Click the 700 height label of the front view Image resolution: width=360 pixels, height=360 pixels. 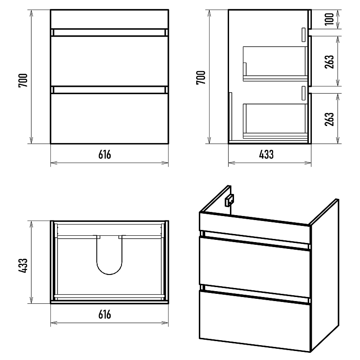(x=23, y=81)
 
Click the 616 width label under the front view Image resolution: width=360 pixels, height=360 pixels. (x=105, y=154)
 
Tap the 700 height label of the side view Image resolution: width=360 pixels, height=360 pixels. (x=201, y=77)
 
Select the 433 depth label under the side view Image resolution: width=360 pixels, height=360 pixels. (x=266, y=154)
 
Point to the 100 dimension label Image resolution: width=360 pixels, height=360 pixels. (x=329, y=19)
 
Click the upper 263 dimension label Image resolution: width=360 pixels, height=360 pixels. (x=329, y=62)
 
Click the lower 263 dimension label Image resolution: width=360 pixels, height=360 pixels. (x=329, y=119)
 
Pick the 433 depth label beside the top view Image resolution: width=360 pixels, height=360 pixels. (x=23, y=265)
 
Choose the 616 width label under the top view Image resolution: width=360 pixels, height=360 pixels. (x=105, y=314)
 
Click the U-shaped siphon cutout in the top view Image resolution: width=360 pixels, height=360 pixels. (x=109, y=274)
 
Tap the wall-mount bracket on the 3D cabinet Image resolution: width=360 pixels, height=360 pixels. (x=229, y=200)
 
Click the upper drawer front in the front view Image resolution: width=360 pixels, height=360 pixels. (x=109, y=61)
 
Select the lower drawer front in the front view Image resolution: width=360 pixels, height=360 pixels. (x=109, y=118)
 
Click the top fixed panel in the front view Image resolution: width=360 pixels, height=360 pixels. (x=109, y=19)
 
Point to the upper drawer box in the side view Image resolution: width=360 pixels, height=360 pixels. (x=275, y=64)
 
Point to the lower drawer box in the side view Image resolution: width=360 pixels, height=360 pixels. (x=275, y=121)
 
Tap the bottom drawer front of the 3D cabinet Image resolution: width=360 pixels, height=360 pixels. (x=255, y=321)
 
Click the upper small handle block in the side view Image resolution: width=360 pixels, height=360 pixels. (x=303, y=35)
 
